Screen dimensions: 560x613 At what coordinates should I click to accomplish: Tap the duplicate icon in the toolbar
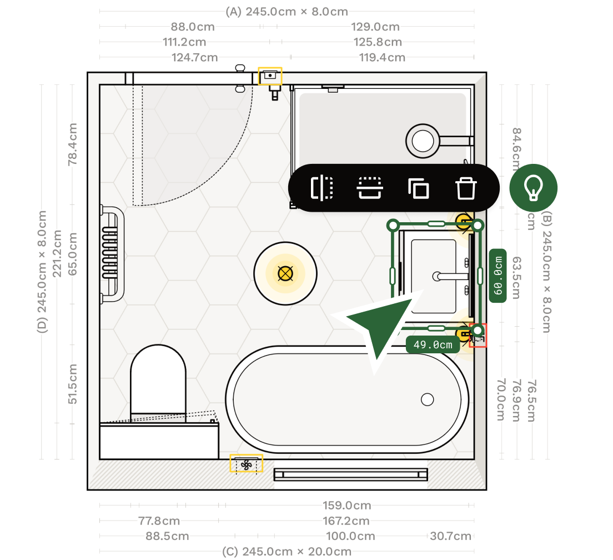[x=418, y=188]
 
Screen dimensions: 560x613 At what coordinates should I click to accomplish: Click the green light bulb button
[x=533, y=188]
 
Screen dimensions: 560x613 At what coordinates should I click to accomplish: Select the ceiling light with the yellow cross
[x=285, y=273]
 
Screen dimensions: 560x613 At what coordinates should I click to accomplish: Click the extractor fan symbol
[x=247, y=464]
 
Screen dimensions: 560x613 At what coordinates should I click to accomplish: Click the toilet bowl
[x=158, y=381]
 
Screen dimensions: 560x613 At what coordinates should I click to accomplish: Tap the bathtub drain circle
[x=427, y=399]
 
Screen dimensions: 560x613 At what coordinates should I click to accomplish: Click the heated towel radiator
[x=111, y=254]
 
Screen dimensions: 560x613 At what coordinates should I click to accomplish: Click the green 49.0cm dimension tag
[x=433, y=344]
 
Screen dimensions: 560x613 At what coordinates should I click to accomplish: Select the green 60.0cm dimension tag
[x=498, y=276]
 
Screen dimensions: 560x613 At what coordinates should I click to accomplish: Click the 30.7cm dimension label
[x=450, y=536]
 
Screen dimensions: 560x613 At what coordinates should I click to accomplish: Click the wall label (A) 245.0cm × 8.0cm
[x=287, y=12]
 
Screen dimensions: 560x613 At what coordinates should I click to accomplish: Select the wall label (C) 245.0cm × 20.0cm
[x=287, y=552]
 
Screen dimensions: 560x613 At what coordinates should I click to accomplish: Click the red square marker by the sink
[x=478, y=336]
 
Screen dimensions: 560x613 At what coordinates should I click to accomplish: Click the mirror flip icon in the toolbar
[x=321, y=188]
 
